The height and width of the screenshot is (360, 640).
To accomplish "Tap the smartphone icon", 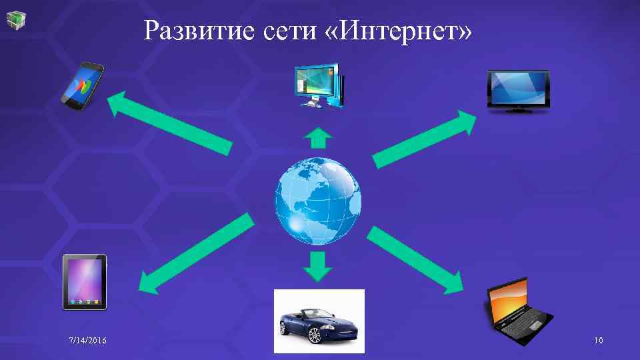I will (x=83, y=84).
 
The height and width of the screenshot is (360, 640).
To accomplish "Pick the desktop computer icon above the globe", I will (x=318, y=85).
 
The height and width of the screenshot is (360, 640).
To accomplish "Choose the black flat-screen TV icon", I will (x=519, y=90).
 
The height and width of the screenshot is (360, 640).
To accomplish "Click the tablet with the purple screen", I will (x=85, y=282).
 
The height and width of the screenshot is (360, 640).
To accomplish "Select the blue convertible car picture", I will (x=319, y=320).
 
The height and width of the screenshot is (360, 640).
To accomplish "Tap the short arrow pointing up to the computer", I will (x=318, y=139).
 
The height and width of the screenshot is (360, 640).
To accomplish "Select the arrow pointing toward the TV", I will (x=424, y=139).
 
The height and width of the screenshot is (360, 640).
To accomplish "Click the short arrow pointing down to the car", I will (x=318, y=265).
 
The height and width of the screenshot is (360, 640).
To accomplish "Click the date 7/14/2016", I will (x=87, y=341).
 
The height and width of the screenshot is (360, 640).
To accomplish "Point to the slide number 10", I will (x=598, y=341).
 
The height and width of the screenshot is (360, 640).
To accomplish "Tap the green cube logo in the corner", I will (x=17, y=19).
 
